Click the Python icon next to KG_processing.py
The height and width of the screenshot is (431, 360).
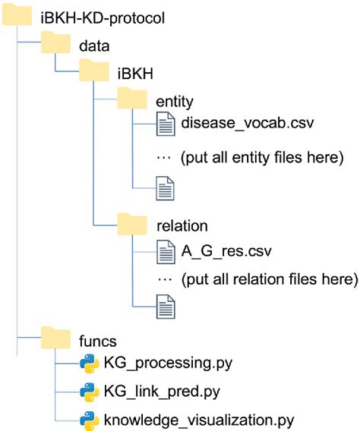click(x=90, y=364)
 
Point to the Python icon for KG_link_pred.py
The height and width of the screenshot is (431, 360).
click(x=90, y=392)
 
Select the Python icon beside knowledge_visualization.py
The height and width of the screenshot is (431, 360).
click(x=90, y=419)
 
